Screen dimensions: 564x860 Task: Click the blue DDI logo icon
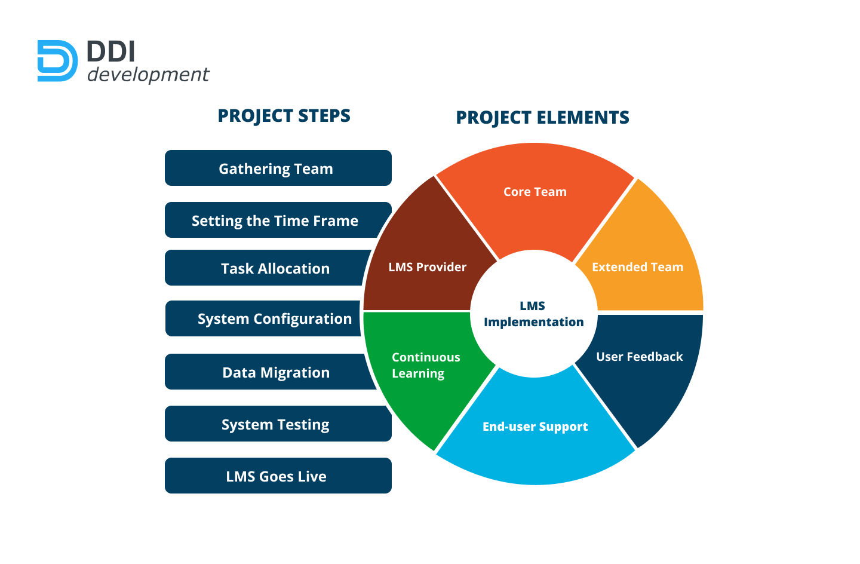pos(57,61)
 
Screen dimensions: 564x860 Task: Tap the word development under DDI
pos(148,75)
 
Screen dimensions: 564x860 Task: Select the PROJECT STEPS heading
pos(284,116)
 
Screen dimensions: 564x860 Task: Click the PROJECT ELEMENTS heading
pos(542,118)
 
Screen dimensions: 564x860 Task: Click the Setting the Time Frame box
pos(275,220)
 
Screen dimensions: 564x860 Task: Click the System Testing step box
pos(275,424)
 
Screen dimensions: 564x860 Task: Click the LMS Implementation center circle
pos(533,314)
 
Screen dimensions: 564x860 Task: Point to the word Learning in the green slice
pos(418,373)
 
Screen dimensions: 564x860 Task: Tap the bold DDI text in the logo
pos(111,52)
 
